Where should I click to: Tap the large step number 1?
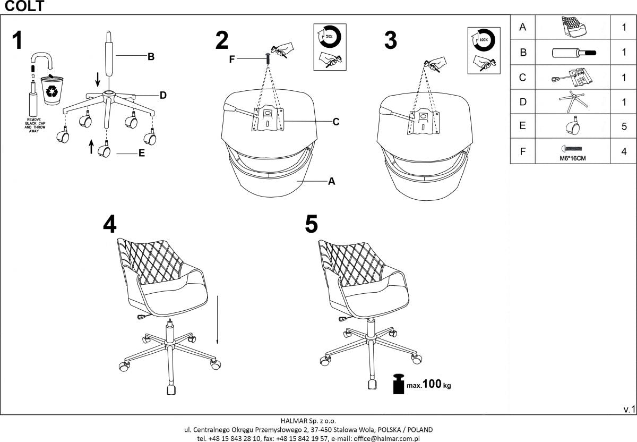(18, 41)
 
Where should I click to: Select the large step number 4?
(109, 225)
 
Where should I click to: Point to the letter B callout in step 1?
(151, 57)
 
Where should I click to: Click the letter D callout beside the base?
(163, 96)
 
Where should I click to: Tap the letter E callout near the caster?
(142, 154)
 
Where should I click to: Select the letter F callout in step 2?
(232, 59)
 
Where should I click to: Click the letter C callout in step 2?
(335, 122)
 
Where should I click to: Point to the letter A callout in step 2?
(331, 182)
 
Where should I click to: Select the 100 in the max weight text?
(432, 384)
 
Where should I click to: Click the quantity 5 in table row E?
(624, 126)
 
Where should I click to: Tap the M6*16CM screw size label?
(571, 158)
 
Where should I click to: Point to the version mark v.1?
(629, 409)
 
